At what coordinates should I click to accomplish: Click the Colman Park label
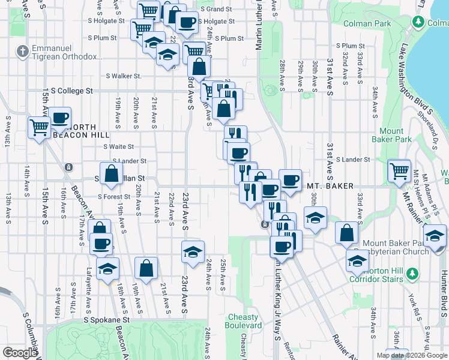pos(367,24)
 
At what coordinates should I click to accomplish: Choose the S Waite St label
pos(118,146)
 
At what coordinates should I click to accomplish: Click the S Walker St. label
pos(124,76)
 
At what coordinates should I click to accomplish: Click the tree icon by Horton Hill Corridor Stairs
pos(412,274)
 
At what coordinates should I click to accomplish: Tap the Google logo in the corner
pos(19,353)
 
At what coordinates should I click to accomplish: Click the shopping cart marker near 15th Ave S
pos(39,127)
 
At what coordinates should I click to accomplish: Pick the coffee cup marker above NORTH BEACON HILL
pos(59,118)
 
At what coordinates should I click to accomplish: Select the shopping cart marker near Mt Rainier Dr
pos(399,170)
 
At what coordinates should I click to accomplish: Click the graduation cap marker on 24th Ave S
pos(193,252)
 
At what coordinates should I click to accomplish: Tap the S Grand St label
pos(216,10)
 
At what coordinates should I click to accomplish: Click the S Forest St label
pos(113,197)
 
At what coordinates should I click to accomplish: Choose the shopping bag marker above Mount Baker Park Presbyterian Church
pos(346,233)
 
